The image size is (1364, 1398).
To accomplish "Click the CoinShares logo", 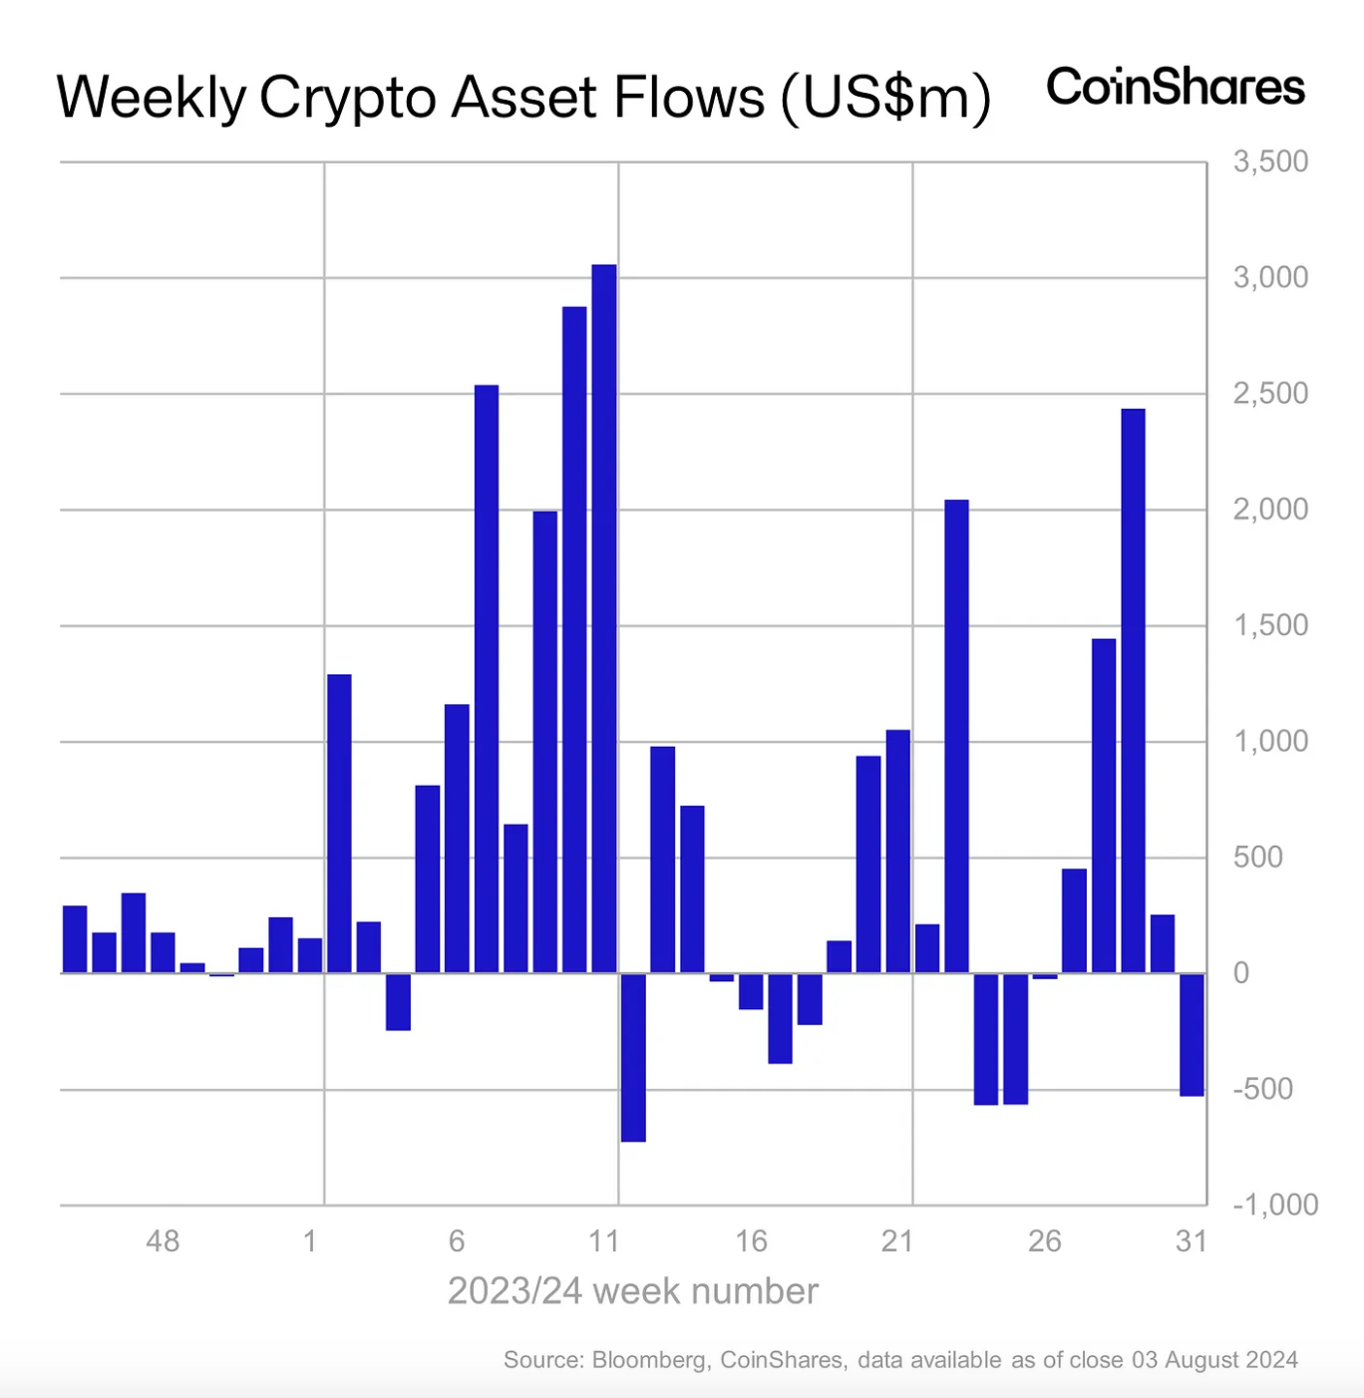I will (1175, 88).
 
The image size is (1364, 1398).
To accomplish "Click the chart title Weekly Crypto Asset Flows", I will (523, 98).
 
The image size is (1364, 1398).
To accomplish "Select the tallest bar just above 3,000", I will (604, 618).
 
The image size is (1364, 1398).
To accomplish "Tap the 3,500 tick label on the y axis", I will (1270, 162).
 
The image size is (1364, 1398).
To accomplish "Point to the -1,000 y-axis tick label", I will (1275, 1205).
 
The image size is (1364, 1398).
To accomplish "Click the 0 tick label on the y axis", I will (1241, 973).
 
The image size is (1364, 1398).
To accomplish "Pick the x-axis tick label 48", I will (163, 1241).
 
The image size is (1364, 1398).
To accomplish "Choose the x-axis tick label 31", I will (1192, 1241).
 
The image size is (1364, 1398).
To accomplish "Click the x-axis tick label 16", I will (751, 1241).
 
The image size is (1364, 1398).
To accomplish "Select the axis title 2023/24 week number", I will (632, 1291).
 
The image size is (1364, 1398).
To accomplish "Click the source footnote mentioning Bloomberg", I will (900, 1360).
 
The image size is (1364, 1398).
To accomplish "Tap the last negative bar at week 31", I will (1192, 1034).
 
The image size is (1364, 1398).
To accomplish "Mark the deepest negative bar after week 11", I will (633, 1057).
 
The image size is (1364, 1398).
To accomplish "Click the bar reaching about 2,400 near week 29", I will (1133, 690).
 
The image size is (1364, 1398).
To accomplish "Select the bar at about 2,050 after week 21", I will (956, 736).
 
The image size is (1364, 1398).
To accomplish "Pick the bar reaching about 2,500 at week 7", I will (487, 678).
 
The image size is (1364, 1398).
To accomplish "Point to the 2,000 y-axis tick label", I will (1270, 510).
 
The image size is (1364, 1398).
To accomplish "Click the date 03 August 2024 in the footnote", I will (1214, 1360).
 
